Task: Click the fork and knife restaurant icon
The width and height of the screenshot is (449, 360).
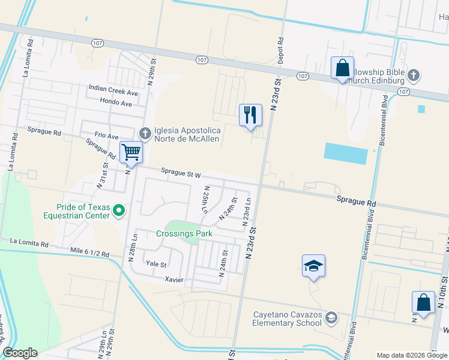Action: coord(250,115)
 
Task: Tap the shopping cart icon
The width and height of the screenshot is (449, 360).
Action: coord(131,152)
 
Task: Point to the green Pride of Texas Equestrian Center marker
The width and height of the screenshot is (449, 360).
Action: coord(119,209)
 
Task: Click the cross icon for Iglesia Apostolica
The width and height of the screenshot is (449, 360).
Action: coord(144,133)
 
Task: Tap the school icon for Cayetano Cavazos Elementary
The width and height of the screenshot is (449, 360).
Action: coord(331,317)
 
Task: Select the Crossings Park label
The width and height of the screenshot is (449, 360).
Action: coord(185,234)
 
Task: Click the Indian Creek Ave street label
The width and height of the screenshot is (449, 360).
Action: coord(113,93)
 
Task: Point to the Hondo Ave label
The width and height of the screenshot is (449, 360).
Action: coord(119,103)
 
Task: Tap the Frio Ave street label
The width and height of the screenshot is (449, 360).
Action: coord(106,136)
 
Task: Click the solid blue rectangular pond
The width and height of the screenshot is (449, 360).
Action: coord(345,154)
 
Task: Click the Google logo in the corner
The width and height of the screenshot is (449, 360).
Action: coord(20,353)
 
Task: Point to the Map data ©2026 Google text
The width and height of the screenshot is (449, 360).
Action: coord(412,355)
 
